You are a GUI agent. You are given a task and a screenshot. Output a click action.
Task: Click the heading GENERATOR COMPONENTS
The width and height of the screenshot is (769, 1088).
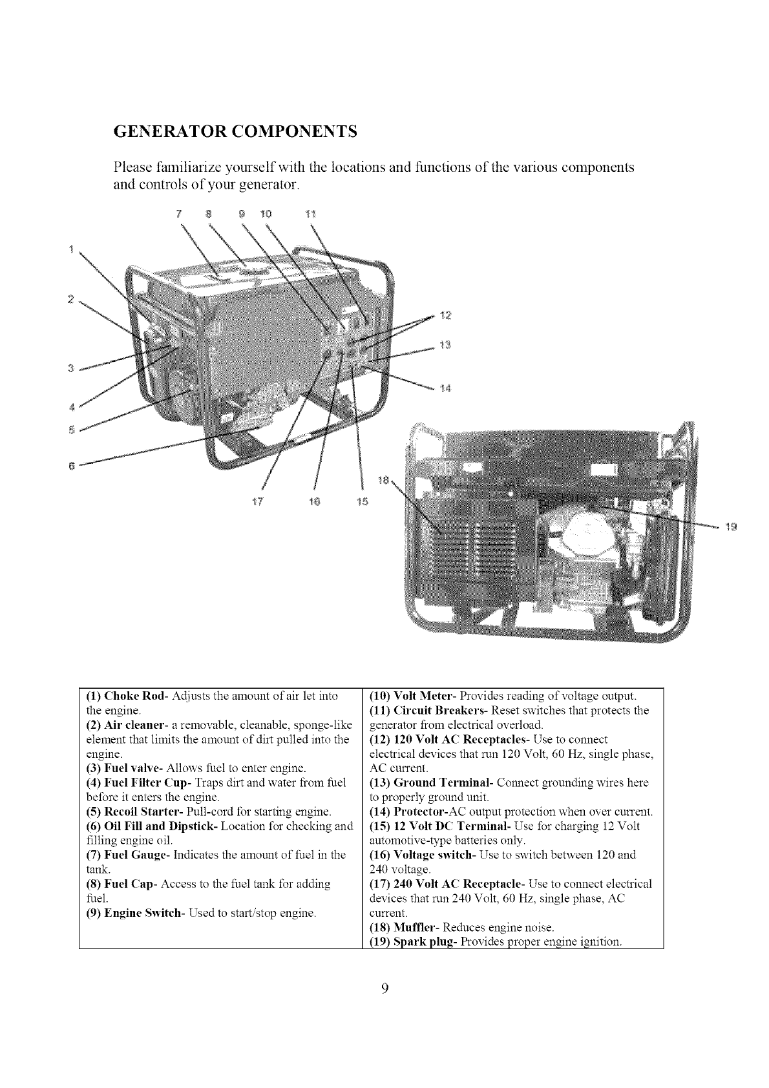(x=235, y=132)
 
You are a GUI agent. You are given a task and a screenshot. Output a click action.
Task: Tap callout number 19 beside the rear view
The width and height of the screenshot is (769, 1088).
(x=731, y=527)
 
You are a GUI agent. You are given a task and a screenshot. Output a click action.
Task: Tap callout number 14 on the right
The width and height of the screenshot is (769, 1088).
(x=444, y=388)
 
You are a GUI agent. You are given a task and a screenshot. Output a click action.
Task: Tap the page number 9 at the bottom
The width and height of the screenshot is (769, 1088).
(x=384, y=1007)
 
